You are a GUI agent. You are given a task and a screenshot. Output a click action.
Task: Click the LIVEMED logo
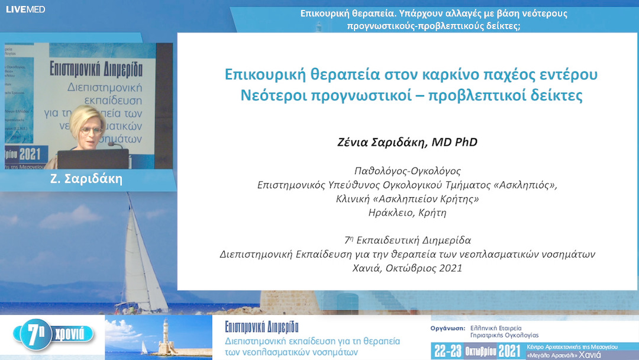25,9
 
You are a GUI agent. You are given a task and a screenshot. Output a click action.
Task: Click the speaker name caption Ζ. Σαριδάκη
86,179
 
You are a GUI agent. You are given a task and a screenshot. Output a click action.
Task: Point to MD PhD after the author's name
454,142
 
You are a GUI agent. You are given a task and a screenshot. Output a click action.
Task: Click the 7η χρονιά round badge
56,335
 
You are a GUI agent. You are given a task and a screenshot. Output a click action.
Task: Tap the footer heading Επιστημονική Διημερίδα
262,327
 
